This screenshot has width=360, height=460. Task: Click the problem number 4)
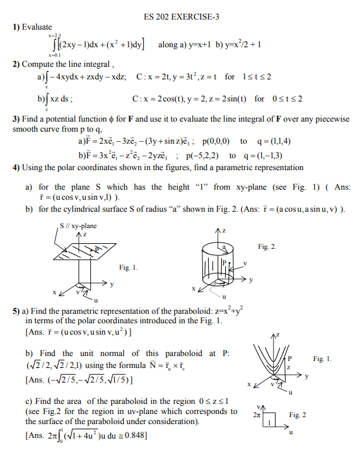click(x=17, y=168)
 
